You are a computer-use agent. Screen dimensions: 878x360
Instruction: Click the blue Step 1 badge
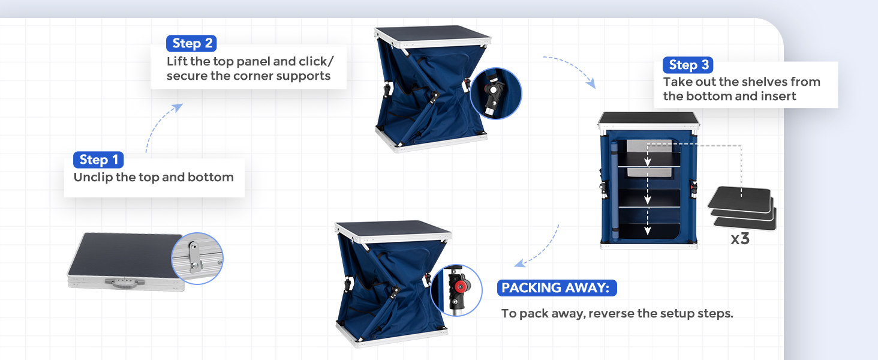[x=98, y=160]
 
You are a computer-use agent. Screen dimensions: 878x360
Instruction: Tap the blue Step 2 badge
[x=191, y=43]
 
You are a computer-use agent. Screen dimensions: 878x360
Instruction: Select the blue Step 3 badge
[x=688, y=65]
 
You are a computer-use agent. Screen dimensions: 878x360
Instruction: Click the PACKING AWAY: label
[x=557, y=288]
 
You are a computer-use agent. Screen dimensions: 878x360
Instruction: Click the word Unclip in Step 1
[x=94, y=177]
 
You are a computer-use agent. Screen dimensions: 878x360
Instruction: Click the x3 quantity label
[x=740, y=238]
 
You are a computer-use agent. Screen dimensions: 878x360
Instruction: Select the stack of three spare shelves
[x=742, y=208]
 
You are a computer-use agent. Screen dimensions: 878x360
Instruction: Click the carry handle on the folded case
[x=125, y=283]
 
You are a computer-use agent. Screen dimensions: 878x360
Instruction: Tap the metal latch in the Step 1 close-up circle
[x=194, y=257]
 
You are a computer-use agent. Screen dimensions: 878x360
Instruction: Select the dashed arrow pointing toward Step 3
[x=573, y=68]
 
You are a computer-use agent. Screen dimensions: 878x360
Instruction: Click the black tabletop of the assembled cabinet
[x=648, y=118]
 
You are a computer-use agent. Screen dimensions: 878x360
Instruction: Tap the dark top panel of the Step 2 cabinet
[x=432, y=33]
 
